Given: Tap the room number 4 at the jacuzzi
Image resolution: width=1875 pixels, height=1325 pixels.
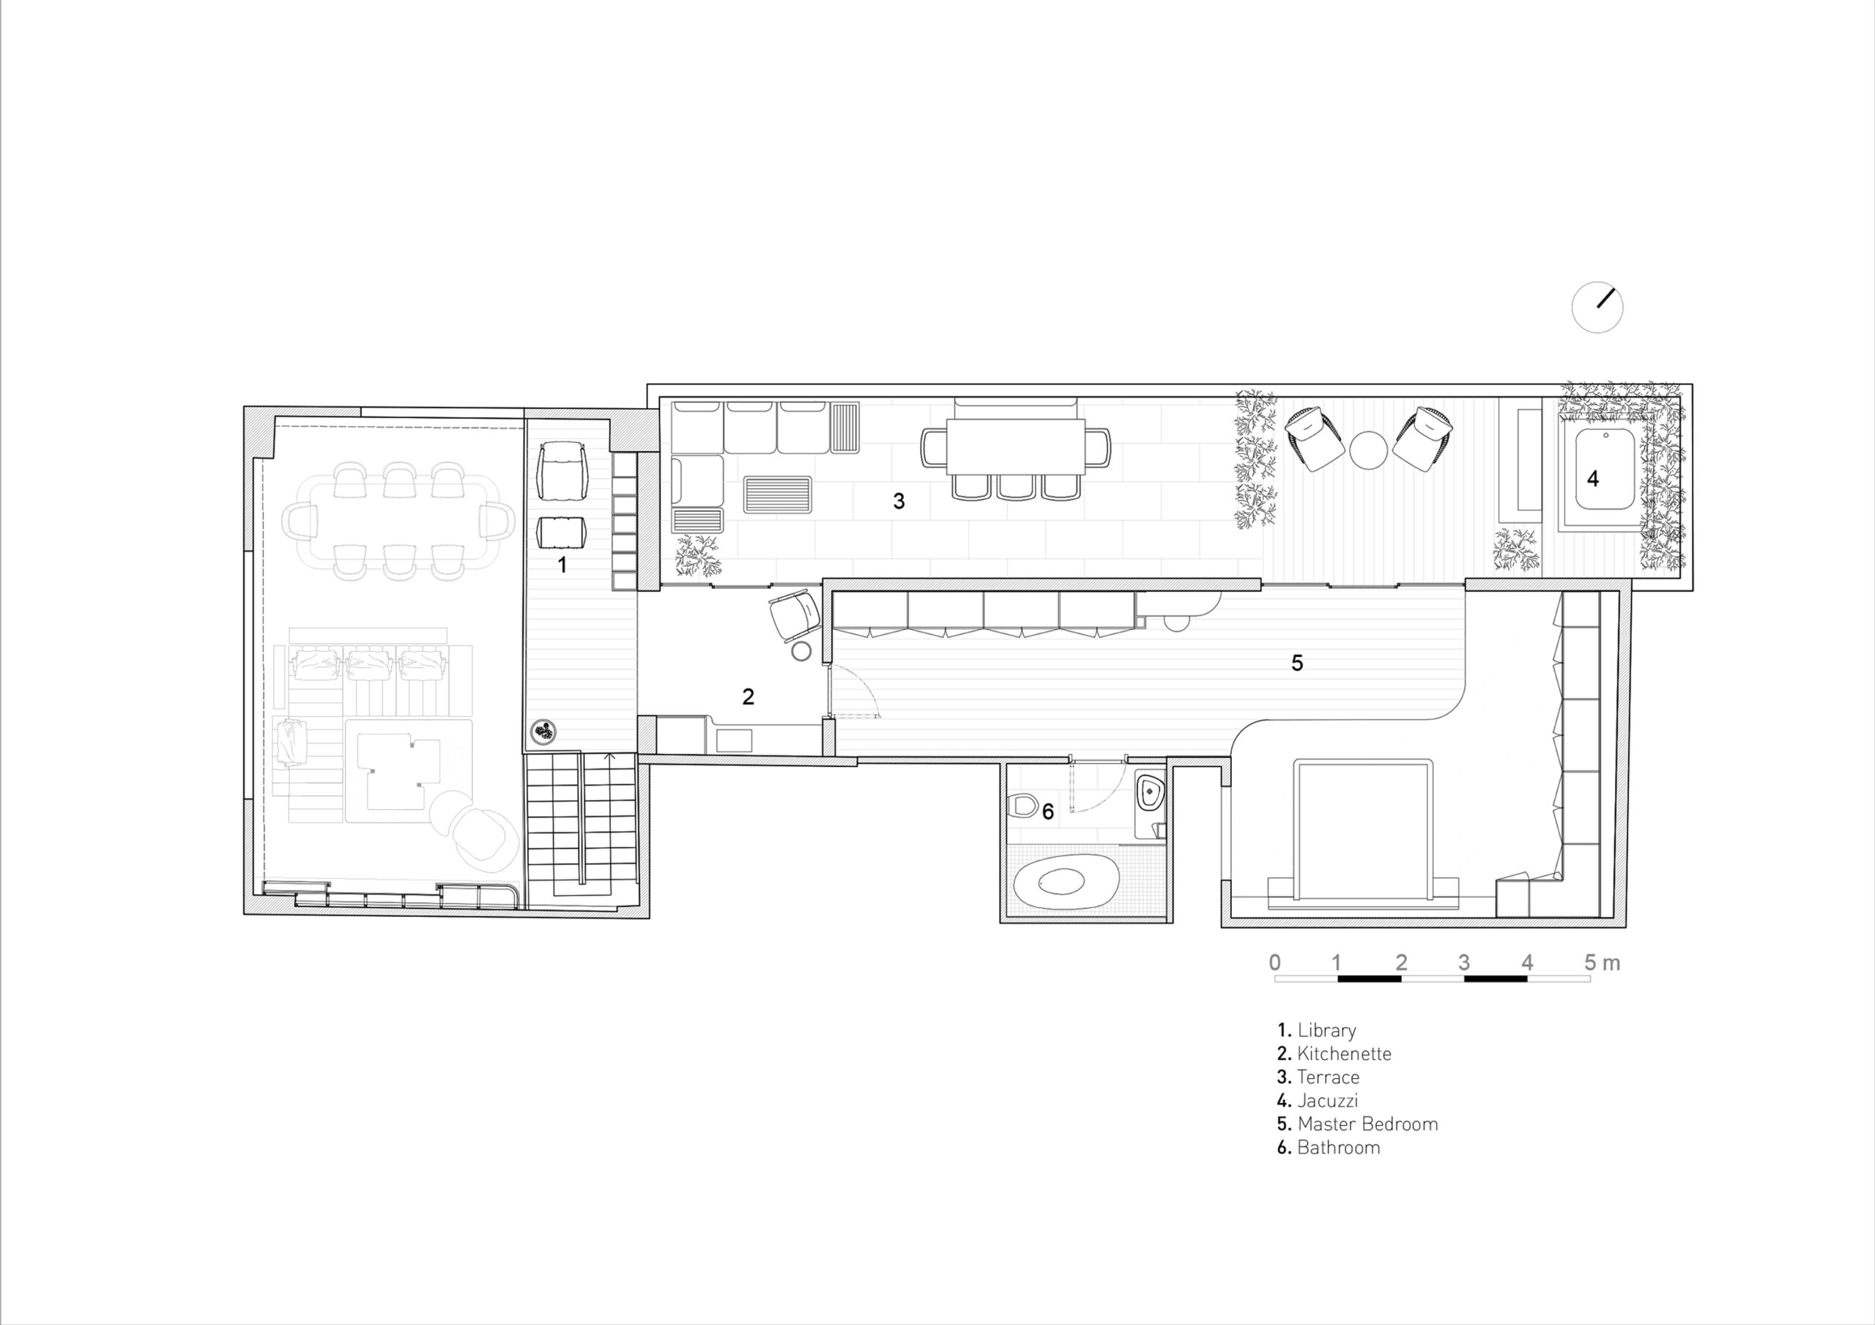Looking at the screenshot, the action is pyautogui.click(x=1592, y=479).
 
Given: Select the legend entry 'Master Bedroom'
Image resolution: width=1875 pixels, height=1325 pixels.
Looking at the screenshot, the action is pyautogui.click(x=1357, y=1124).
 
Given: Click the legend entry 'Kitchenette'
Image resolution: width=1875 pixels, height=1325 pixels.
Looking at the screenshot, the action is pyautogui.click(x=1334, y=1054).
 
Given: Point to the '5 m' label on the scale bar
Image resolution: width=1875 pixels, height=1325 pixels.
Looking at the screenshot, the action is pyautogui.click(x=1603, y=963).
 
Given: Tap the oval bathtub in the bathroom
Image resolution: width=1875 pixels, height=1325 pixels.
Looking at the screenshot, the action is pyautogui.click(x=1066, y=884).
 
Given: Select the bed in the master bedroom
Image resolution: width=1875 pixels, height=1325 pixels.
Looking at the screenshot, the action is pyautogui.click(x=1363, y=834).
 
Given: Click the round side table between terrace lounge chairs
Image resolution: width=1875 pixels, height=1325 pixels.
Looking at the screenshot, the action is pyautogui.click(x=1368, y=450).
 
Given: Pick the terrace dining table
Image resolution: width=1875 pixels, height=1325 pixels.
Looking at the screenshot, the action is pyautogui.click(x=1016, y=447).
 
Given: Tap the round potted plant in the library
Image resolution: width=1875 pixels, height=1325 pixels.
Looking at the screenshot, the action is pyautogui.click(x=544, y=732).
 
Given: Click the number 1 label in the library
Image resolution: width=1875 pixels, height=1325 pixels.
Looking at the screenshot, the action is pyautogui.click(x=562, y=565).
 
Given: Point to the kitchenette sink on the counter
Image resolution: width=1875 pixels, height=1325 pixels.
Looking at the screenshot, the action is pyautogui.click(x=734, y=740).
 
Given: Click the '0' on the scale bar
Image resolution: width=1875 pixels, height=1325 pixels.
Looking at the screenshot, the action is pyautogui.click(x=1274, y=963).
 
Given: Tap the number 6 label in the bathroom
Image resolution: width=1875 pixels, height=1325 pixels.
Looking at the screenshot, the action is pyautogui.click(x=1048, y=811).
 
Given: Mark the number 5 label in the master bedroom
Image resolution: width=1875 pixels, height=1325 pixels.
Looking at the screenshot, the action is pyautogui.click(x=1297, y=662).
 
